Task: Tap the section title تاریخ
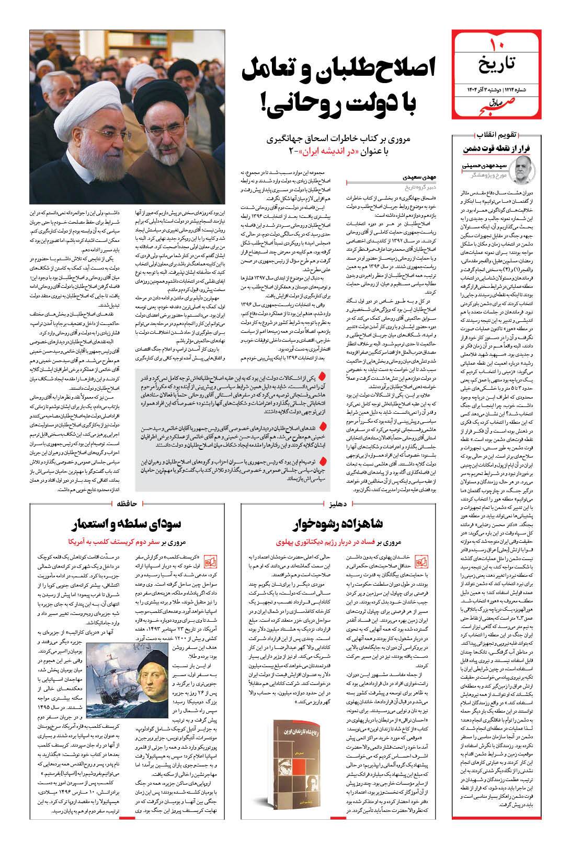point(496,64)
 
